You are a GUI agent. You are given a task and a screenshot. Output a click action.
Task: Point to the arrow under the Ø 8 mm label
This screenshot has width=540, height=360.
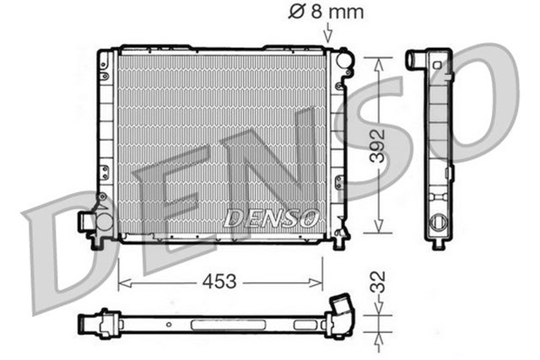click(327, 35)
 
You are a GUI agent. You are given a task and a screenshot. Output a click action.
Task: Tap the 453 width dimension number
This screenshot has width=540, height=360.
click(220, 280)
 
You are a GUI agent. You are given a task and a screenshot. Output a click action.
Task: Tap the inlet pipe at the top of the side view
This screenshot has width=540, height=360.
click(417, 60)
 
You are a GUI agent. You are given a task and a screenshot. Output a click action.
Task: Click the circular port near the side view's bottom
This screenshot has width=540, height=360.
click(438, 226)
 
